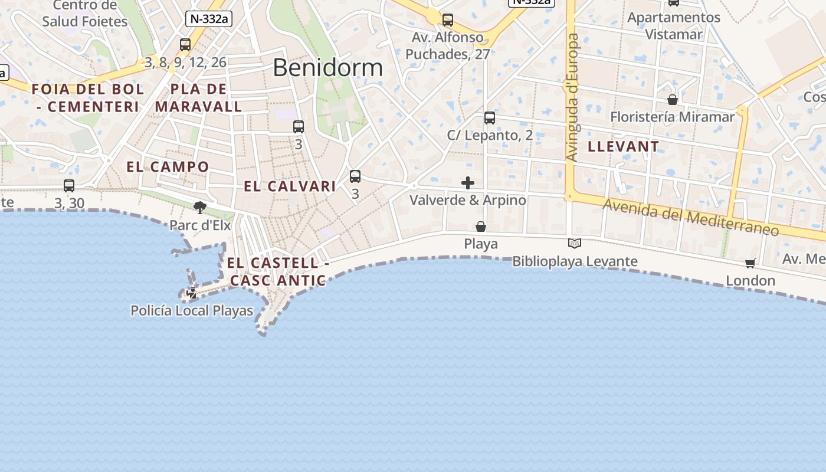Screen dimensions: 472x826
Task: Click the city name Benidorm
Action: coord(327,68)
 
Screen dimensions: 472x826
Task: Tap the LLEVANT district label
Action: coord(624,146)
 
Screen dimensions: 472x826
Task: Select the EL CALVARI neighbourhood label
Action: coord(290,186)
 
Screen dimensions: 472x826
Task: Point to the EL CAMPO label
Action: coord(168,167)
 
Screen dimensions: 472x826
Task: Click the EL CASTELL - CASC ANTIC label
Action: coord(278,271)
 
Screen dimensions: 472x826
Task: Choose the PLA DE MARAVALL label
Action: coord(199,98)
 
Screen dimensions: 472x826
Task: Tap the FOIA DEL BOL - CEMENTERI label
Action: coord(87,98)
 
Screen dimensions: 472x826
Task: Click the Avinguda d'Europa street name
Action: coord(572,97)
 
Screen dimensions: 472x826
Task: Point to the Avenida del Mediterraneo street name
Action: coord(690,217)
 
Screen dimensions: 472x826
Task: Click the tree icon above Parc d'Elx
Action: coord(200,207)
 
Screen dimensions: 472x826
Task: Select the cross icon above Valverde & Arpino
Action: coord(468,183)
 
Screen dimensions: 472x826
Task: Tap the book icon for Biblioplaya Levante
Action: coord(574,243)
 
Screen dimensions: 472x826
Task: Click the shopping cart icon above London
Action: coord(750,263)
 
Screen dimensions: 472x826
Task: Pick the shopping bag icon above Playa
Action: coord(481,227)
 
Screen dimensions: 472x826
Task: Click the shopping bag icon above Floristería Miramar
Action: coord(672,100)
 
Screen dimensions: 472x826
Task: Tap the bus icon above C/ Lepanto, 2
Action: coord(490,118)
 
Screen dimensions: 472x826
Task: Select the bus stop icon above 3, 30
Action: coord(69,186)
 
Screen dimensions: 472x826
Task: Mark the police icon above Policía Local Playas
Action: coord(192,293)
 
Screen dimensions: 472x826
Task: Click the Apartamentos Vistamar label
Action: coord(674,26)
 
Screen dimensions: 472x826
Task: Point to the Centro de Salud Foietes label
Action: coord(85,14)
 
